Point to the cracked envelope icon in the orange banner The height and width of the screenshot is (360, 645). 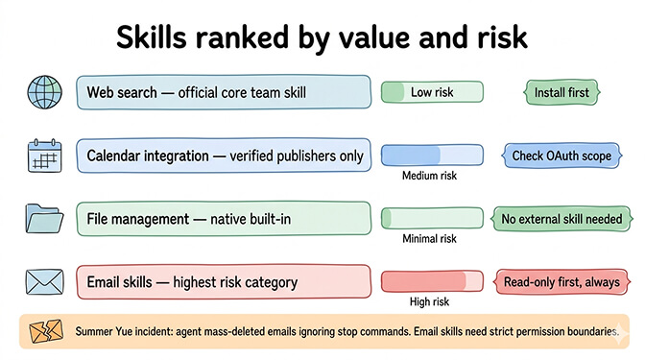click(x=44, y=331)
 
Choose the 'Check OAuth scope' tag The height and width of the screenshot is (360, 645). click(x=561, y=156)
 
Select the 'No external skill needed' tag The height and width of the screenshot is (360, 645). click(x=561, y=220)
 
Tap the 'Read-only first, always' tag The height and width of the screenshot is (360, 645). click(x=561, y=282)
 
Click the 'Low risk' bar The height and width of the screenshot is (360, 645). click(x=432, y=93)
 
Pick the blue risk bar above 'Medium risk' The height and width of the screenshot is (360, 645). click(x=432, y=155)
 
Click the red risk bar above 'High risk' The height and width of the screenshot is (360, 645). click(x=432, y=281)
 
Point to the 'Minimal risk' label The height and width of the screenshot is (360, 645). click(x=430, y=239)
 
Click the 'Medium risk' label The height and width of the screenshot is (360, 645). click(x=430, y=176)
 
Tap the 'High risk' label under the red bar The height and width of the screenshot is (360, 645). click(x=430, y=301)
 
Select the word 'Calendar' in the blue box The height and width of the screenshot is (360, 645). click(x=119, y=156)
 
